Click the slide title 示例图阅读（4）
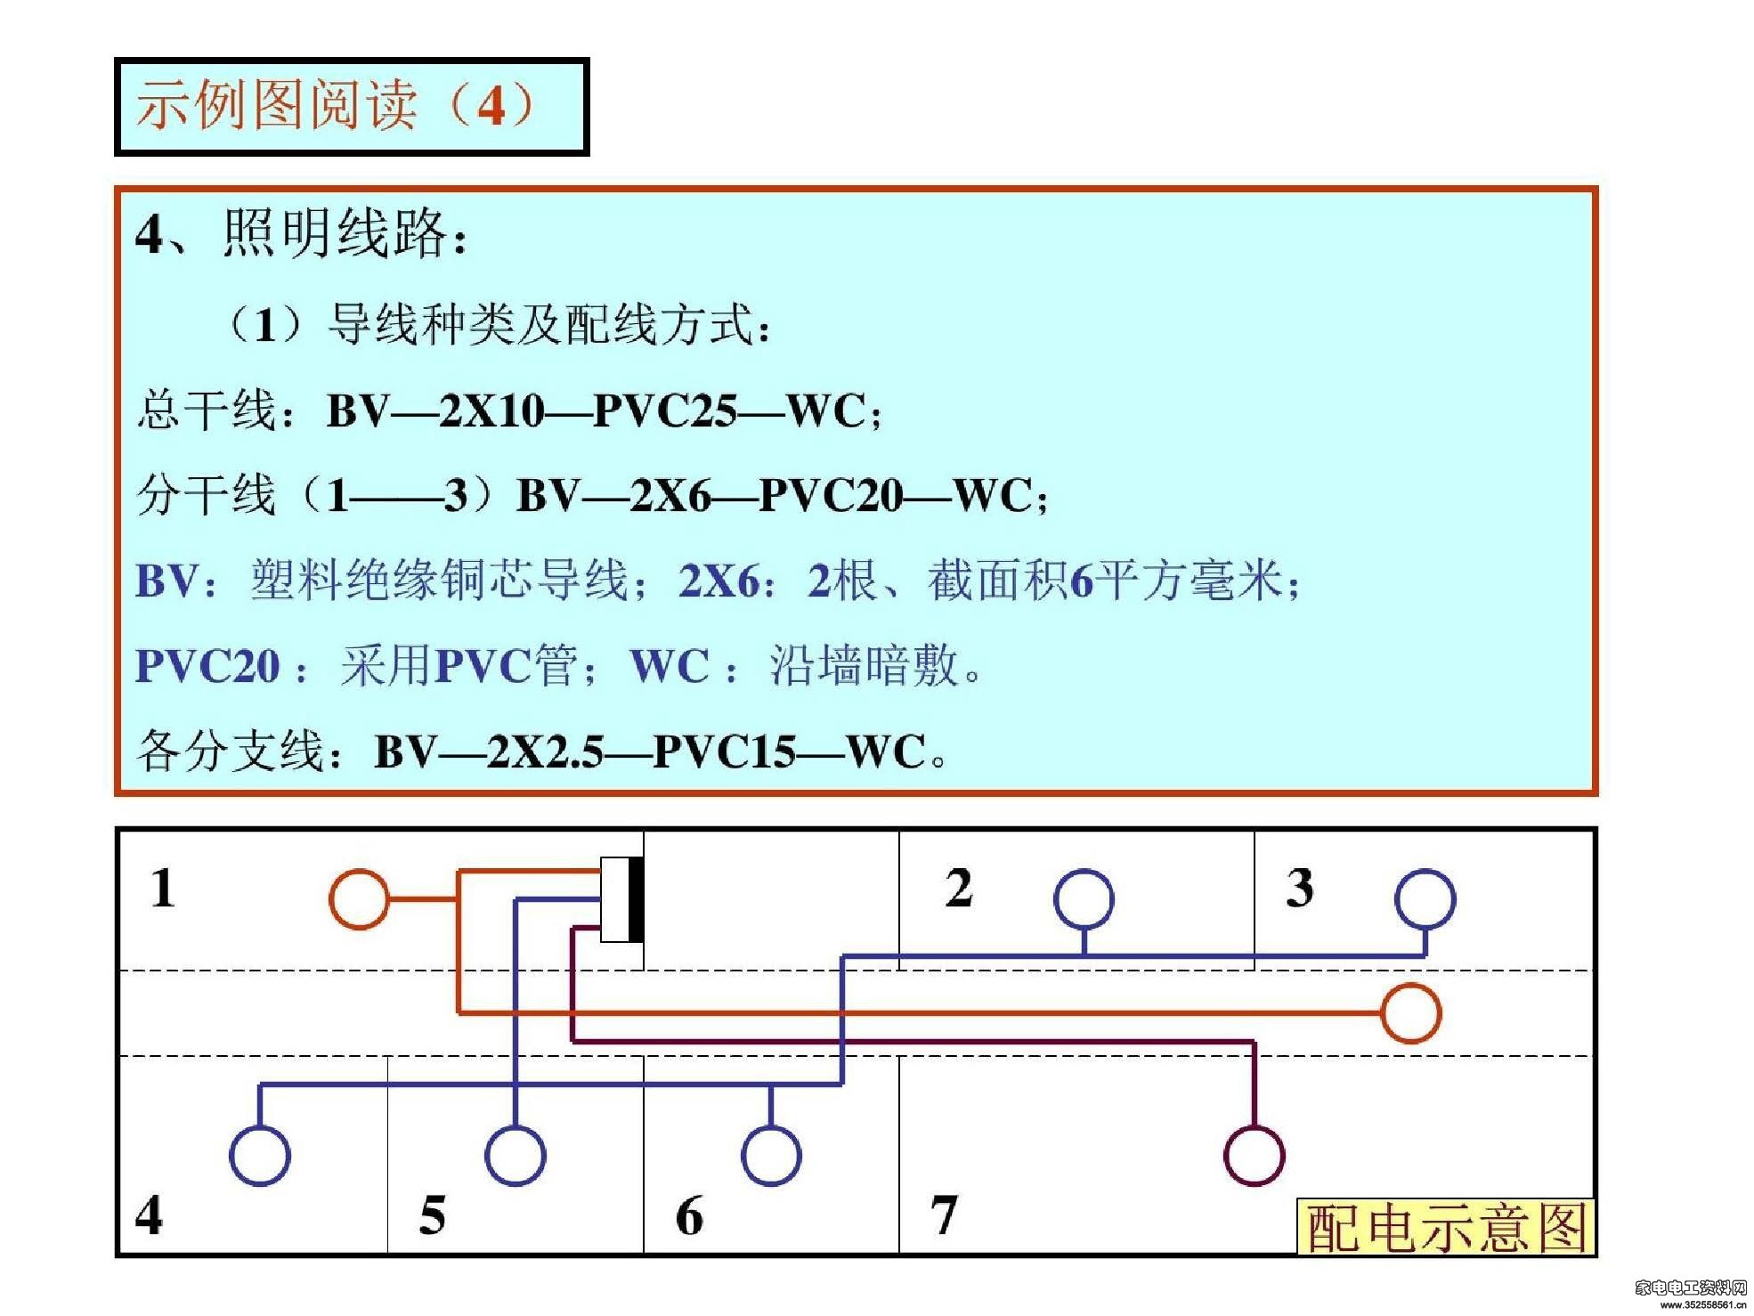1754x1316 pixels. [x=336, y=105]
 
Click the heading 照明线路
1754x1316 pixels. [x=335, y=233]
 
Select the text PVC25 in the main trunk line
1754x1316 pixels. [x=664, y=411]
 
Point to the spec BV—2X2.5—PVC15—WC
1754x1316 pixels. [x=650, y=751]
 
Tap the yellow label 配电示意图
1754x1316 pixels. [x=1445, y=1227]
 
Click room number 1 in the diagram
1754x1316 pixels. [x=162, y=888]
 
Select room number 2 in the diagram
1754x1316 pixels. [x=959, y=888]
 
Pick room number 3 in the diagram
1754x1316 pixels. [x=1300, y=888]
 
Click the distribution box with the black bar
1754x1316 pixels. [x=622, y=899]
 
